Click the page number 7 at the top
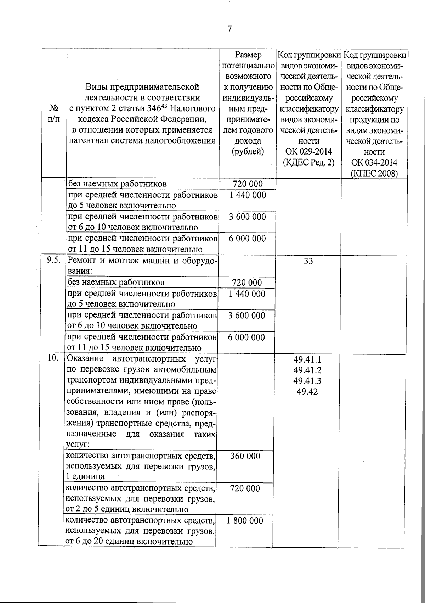[x=229, y=29]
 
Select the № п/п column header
[x=53, y=113]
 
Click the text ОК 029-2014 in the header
[x=308, y=152]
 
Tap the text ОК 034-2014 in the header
[x=374, y=163]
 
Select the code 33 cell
[x=308, y=262]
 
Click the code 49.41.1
[x=307, y=359]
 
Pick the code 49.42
[x=307, y=392]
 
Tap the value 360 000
[x=245, y=456]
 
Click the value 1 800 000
[x=245, y=521]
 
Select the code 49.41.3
[x=307, y=381]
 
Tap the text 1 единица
[x=85, y=476]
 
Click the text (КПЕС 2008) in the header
[x=374, y=174]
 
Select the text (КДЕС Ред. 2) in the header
[x=308, y=163]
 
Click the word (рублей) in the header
[x=248, y=152]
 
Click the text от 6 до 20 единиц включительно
[x=130, y=541]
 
